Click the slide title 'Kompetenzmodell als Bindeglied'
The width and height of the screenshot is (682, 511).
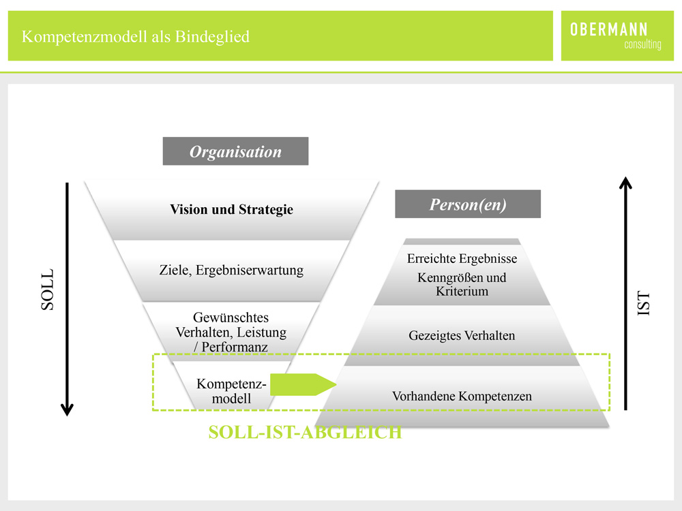[x=136, y=37]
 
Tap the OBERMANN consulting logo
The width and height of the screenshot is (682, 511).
[x=616, y=35]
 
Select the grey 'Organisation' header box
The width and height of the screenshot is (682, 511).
[x=235, y=151]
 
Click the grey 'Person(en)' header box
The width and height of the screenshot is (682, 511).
[x=468, y=204]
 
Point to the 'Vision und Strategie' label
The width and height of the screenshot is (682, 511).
[x=231, y=209]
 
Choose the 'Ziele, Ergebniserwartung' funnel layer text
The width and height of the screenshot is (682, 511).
[x=231, y=270]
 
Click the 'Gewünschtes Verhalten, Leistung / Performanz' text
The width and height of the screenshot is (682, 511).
[x=231, y=332]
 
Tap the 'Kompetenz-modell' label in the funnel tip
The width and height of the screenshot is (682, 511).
[x=231, y=391]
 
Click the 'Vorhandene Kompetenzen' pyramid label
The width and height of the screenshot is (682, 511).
[x=462, y=397]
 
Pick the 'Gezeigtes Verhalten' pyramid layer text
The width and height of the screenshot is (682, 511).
[x=462, y=335]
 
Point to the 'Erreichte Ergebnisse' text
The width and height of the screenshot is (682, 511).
[x=462, y=258]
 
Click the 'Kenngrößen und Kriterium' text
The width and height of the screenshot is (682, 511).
[x=462, y=284]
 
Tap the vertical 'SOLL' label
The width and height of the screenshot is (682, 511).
[x=48, y=290]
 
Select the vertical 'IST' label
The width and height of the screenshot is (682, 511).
[x=644, y=303]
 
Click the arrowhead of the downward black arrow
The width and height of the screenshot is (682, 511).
[x=67, y=409]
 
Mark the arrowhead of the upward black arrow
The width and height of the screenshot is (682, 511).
[x=625, y=183]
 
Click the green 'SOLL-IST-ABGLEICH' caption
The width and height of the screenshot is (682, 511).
[x=305, y=433]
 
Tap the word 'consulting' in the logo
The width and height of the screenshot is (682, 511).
[x=643, y=44]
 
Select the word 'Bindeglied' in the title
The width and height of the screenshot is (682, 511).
[x=212, y=37]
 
